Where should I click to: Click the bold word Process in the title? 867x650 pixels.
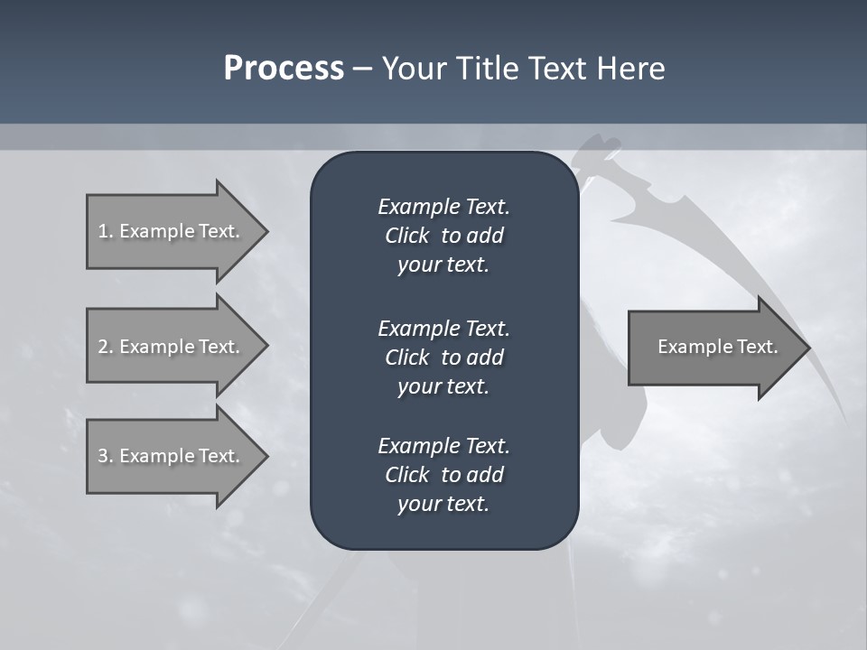284,69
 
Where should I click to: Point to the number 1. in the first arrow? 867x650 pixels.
105,231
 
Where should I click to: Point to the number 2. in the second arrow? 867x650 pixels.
105,347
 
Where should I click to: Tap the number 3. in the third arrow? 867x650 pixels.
105,456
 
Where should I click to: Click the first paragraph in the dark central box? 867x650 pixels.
443,236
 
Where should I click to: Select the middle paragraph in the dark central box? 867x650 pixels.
443,357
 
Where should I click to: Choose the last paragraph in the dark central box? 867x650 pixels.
443,475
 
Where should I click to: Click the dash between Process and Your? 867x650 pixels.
362,69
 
